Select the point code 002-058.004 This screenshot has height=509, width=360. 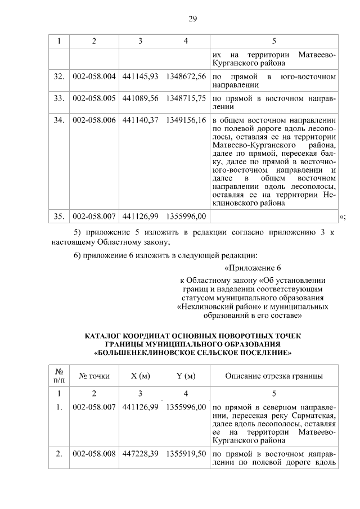(x=94, y=75)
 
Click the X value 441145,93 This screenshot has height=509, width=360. (x=140, y=75)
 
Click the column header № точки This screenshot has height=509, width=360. (x=94, y=376)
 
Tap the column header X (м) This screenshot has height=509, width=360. (x=140, y=376)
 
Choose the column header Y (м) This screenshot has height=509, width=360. (x=186, y=376)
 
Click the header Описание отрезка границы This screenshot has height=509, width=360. (x=273, y=376)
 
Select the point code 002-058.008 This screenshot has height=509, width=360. (x=94, y=453)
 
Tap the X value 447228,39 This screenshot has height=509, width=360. (x=140, y=453)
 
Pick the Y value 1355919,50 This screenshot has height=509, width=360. (x=186, y=453)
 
